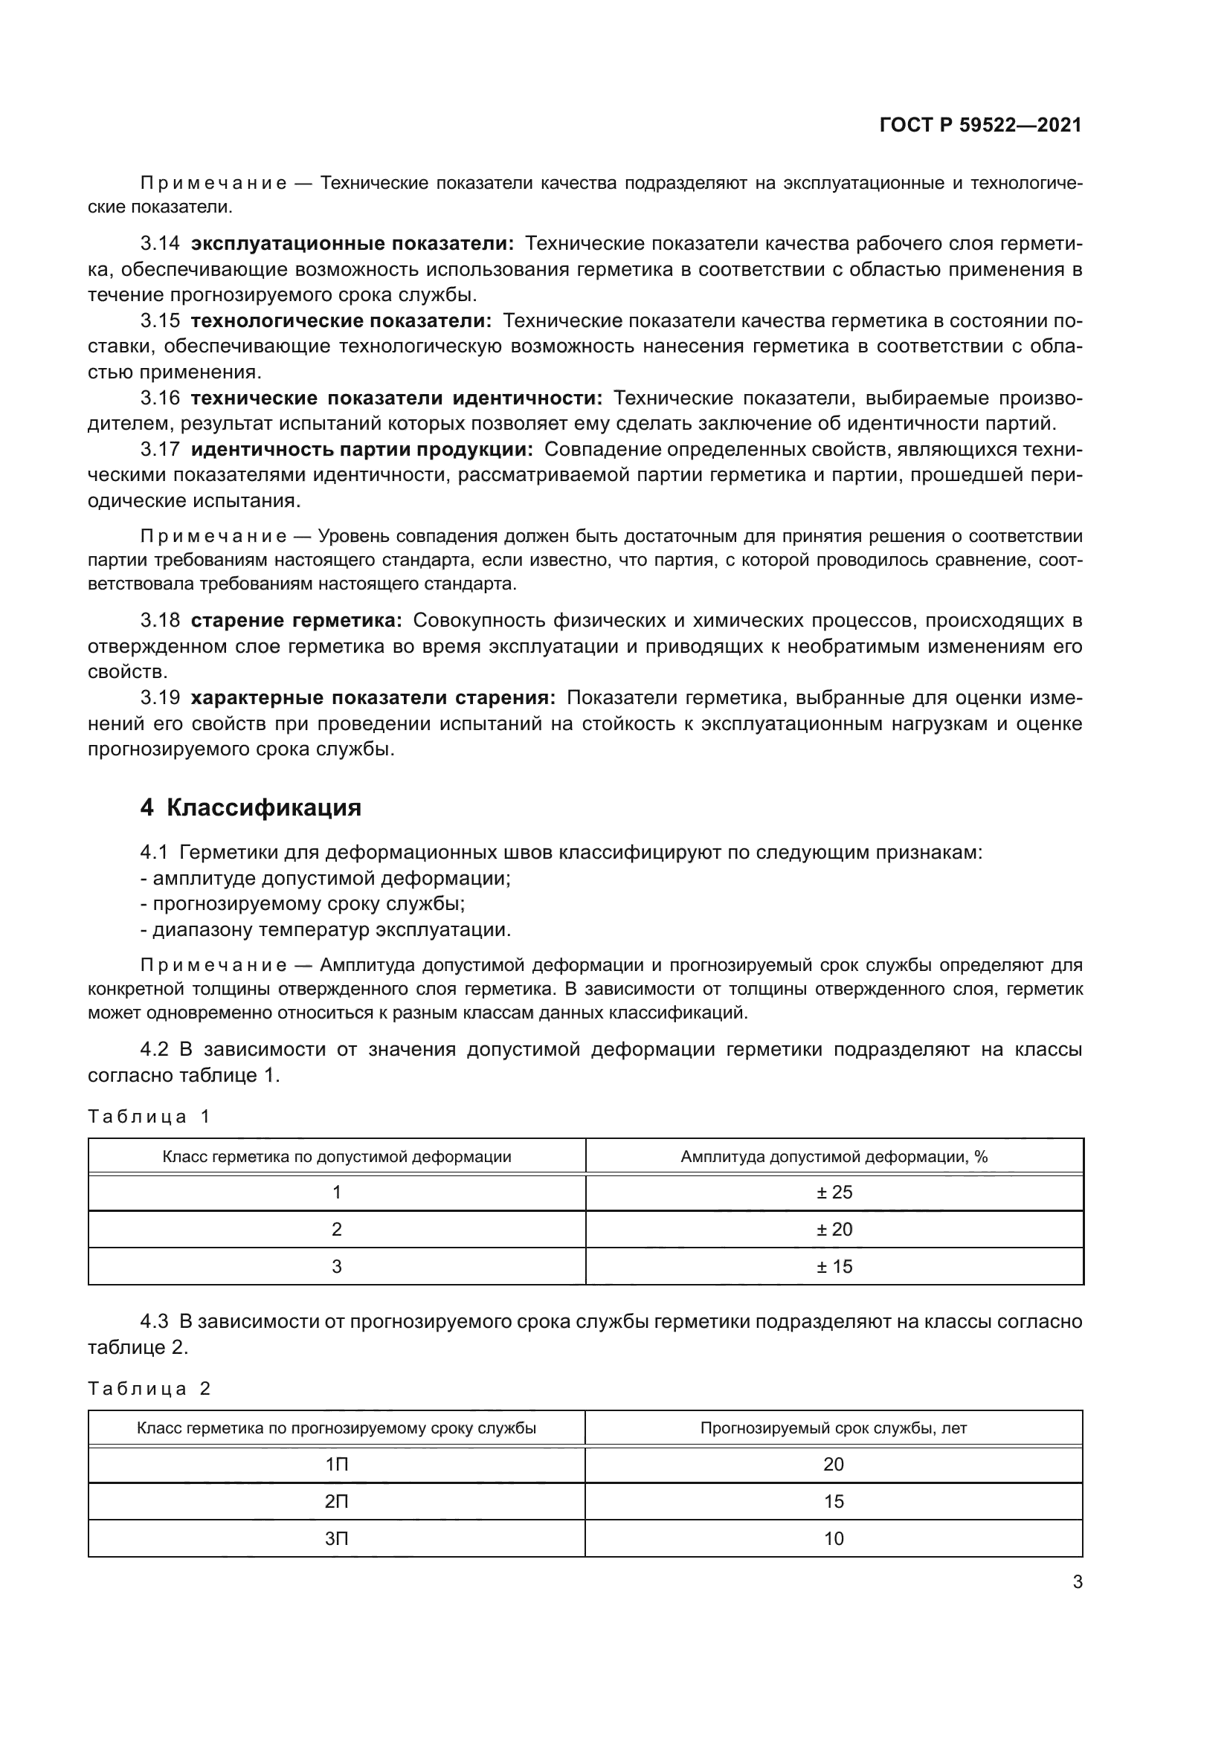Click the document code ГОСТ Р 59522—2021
pyautogui.click(x=980, y=125)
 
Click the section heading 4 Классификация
pyautogui.click(x=251, y=807)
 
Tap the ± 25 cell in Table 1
pyautogui.click(x=834, y=1192)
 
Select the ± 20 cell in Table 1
pyautogui.click(x=834, y=1229)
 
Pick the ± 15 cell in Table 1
pyautogui.click(x=834, y=1266)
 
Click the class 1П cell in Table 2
pyautogui.click(x=336, y=1464)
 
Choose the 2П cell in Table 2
pyautogui.click(x=336, y=1501)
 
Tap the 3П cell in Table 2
pyautogui.click(x=336, y=1538)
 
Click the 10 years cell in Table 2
pyautogui.click(x=833, y=1538)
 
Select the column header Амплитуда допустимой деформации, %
pyautogui.click(x=834, y=1157)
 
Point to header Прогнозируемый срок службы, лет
pyautogui.click(x=833, y=1428)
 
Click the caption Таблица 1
pyautogui.click(x=149, y=1117)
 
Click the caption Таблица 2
pyautogui.click(x=149, y=1388)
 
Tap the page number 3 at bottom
pyautogui.click(x=1077, y=1582)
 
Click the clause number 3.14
pyautogui.click(x=160, y=244)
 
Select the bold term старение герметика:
pyautogui.click(x=296, y=621)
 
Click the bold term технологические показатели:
pyautogui.click(x=341, y=321)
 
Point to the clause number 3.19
pyautogui.click(x=160, y=697)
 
